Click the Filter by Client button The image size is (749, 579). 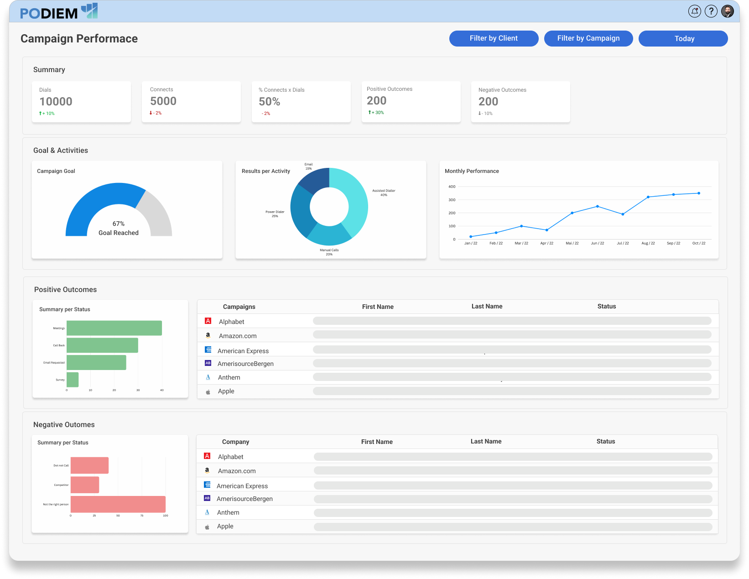[x=494, y=38]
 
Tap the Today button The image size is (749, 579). [x=683, y=39]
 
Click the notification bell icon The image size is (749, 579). [x=694, y=11]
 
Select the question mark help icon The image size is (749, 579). [x=711, y=11]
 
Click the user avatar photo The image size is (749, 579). [x=728, y=11]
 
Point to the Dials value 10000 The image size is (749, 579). [x=56, y=102]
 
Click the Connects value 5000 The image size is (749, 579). [x=163, y=101]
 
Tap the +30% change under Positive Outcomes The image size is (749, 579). [x=376, y=113]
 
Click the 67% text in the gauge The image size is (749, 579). [x=119, y=224]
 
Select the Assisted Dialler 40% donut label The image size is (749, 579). [x=384, y=193]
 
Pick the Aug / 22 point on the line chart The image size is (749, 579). [x=648, y=197]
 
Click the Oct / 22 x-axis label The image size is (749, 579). [x=698, y=243]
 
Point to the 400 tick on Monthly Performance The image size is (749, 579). [x=452, y=187]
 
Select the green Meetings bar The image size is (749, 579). [x=114, y=328]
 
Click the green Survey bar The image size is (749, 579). [x=73, y=380]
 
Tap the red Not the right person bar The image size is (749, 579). [x=118, y=504]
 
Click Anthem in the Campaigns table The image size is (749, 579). [x=229, y=377]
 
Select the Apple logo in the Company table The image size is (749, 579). [x=207, y=527]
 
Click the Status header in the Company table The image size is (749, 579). [x=605, y=441]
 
